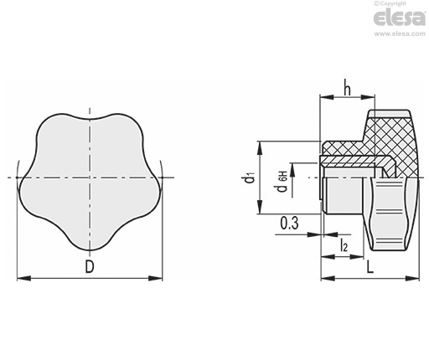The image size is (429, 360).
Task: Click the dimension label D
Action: pos(90,267)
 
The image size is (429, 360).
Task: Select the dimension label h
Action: pos(347,87)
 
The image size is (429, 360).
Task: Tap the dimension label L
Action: pos(370,267)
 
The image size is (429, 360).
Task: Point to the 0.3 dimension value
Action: pos(290,223)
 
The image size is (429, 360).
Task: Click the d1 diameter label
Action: pos(250,178)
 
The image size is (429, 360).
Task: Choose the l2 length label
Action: pos(344,245)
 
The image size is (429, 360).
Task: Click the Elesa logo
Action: pos(400,18)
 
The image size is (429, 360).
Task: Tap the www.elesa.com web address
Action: pos(400,33)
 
